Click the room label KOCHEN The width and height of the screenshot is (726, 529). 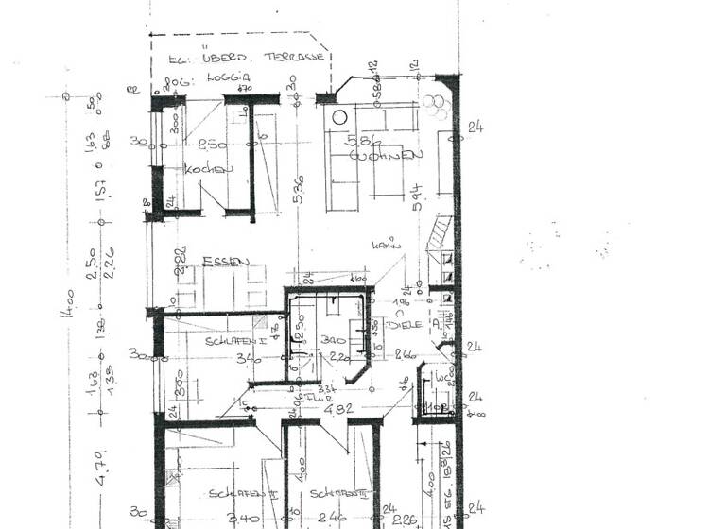[209, 170]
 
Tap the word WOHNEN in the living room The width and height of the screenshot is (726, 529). [382, 155]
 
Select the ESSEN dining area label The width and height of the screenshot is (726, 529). [225, 262]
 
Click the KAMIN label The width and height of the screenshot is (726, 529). [387, 244]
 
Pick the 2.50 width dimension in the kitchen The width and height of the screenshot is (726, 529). [214, 144]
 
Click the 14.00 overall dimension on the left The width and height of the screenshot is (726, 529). [65, 313]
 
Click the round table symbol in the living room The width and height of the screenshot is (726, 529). [338, 118]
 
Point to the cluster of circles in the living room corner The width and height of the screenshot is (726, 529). [436, 106]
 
